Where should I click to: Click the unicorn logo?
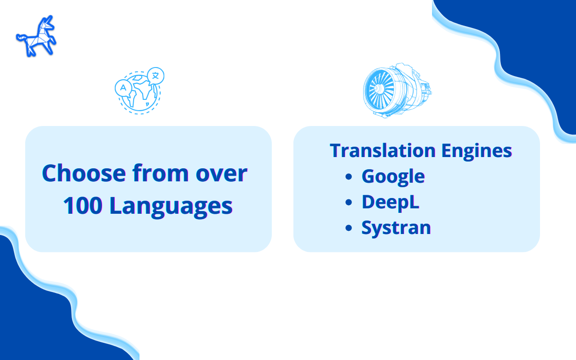[36, 36]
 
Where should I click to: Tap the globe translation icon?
[139, 90]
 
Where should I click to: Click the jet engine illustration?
[397, 90]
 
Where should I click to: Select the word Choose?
[84, 174]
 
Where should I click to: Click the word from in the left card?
[161, 173]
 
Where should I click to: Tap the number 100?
[83, 206]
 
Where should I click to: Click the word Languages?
[171, 207]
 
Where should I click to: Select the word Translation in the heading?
[382, 150]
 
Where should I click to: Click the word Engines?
[477, 152]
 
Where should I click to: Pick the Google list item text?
[393, 177]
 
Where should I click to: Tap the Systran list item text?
[396, 228]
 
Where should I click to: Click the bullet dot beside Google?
[349, 176]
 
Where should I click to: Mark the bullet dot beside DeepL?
[349, 202]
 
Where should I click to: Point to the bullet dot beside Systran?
[349, 228]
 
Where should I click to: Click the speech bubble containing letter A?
[123, 88]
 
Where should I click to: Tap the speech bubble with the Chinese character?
[156, 76]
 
